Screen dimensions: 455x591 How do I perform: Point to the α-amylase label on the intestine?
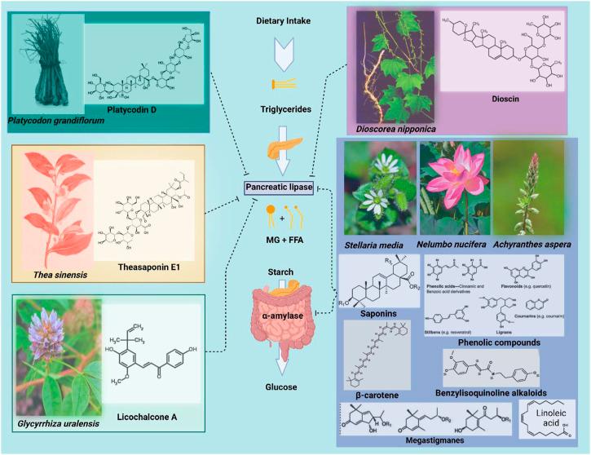pos(281,313)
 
